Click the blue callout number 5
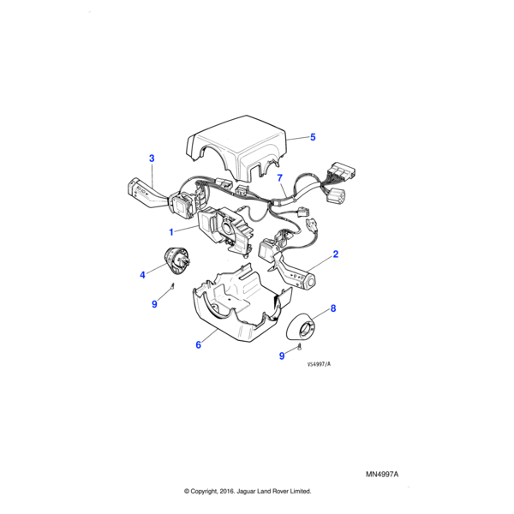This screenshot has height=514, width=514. pyautogui.click(x=313, y=137)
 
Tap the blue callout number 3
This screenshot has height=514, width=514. pyautogui.click(x=152, y=158)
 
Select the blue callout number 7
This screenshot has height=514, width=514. pyautogui.click(x=279, y=178)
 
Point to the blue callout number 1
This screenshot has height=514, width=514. pyautogui.click(x=171, y=232)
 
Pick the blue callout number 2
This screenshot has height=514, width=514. pyautogui.click(x=335, y=254)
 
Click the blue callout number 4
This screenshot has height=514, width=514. pyautogui.click(x=142, y=275)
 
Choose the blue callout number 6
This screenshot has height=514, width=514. pyautogui.click(x=198, y=345)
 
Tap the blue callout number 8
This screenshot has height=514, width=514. pyautogui.click(x=333, y=308)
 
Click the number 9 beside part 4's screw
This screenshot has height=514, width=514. pyautogui.click(x=154, y=304)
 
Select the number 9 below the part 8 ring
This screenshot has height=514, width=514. pyautogui.click(x=282, y=356)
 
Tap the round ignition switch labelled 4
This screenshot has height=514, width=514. pyautogui.click(x=177, y=260)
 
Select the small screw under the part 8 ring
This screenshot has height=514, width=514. pyautogui.click(x=300, y=346)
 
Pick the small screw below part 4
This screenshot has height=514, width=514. pyautogui.click(x=172, y=286)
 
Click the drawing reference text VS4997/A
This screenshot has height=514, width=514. pyautogui.click(x=319, y=364)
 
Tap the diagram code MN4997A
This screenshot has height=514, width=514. pyautogui.click(x=382, y=475)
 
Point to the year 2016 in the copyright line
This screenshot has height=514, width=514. pyautogui.click(x=227, y=491)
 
